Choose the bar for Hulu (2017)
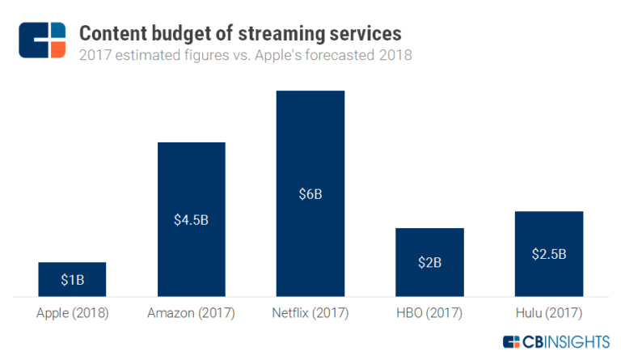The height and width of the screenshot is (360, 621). click(x=548, y=235)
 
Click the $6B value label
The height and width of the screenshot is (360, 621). click(x=310, y=194)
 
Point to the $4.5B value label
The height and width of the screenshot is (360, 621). click(x=191, y=220)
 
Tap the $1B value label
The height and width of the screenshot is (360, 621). click(x=72, y=280)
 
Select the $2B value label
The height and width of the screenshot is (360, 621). click(x=429, y=262)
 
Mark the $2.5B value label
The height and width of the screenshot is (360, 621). click(x=548, y=254)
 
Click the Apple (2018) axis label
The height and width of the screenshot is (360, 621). click(x=72, y=312)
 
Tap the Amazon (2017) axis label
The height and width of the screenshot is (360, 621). click(x=191, y=312)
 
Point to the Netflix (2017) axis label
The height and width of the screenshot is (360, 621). click(x=310, y=312)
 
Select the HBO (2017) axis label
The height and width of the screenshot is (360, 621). click(x=429, y=312)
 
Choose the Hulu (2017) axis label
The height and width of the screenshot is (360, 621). click(x=548, y=312)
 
